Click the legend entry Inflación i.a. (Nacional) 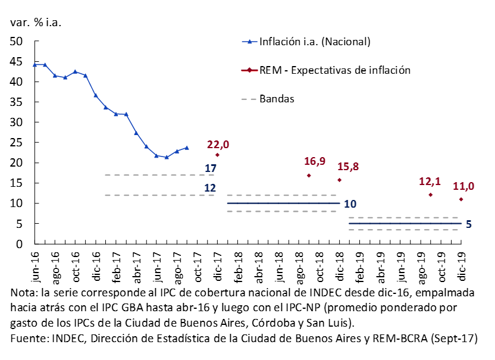tap(315, 42)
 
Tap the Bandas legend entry tap(277, 98)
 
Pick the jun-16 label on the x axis tap(36, 267)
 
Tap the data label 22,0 tap(218, 145)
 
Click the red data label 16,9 tap(315, 161)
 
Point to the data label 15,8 tap(347, 166)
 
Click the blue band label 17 tap(210, 168)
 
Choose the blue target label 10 tap(350, 204)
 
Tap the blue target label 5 tap(469, 224)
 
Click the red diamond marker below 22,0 tap(217, 155)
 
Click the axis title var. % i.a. tap(35, 23)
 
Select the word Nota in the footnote tap(24, 293)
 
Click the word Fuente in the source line tap(29, 338)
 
